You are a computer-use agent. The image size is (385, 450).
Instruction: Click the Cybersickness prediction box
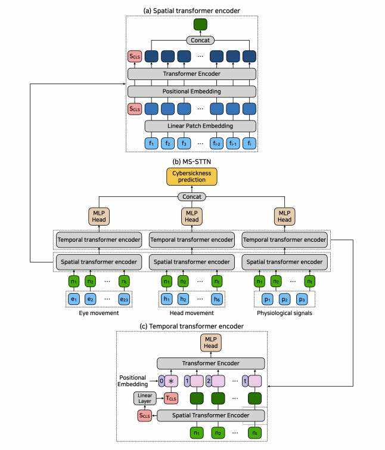192,176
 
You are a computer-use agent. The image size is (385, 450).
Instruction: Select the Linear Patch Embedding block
201,126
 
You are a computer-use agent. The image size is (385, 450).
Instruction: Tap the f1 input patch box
153,143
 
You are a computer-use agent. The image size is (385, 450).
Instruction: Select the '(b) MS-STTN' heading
192,161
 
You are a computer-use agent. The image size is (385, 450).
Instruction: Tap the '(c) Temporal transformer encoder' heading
192,326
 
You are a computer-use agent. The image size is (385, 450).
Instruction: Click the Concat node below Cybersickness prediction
192,196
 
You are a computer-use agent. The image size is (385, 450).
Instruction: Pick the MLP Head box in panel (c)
212,343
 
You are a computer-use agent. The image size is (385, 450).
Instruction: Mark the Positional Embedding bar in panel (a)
192,91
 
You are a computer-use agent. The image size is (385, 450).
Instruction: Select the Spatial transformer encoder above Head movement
192,261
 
